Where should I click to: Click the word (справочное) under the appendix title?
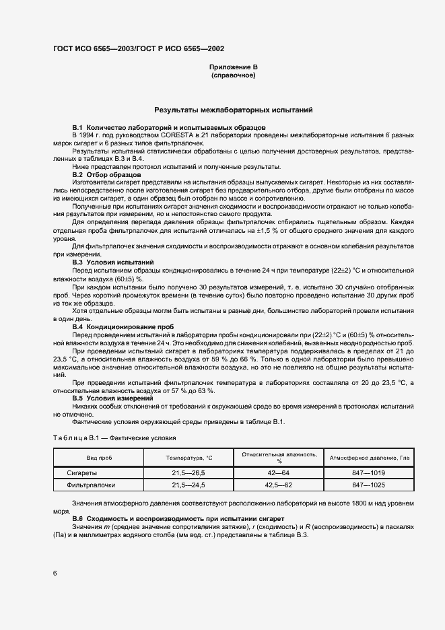[x=233, y=76]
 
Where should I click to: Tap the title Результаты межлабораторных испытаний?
[x=233, y=109]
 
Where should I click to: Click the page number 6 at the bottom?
[x=55, y=572]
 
